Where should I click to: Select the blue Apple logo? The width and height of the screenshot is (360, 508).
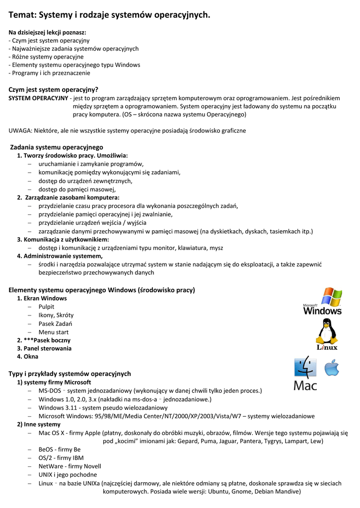tap(332, 368)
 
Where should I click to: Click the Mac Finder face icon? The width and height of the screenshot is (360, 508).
tap(305, 368)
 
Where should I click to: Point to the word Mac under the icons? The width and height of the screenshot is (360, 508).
tap(305, 385)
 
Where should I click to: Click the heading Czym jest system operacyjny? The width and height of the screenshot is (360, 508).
tap(54, 90)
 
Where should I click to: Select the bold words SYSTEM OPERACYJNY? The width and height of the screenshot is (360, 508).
tap(38, 98)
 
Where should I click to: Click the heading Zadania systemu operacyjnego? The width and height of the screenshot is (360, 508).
tap(57, 147)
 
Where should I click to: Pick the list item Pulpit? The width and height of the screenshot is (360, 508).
tap(46, 307)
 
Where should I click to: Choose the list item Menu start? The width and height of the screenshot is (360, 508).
tap(54, 332)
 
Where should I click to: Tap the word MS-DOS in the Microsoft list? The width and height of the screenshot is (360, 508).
tap(50, 391)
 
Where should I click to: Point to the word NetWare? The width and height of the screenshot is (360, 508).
tap(51, 466)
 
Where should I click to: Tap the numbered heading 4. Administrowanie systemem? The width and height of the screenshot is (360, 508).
tap(60, 256)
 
